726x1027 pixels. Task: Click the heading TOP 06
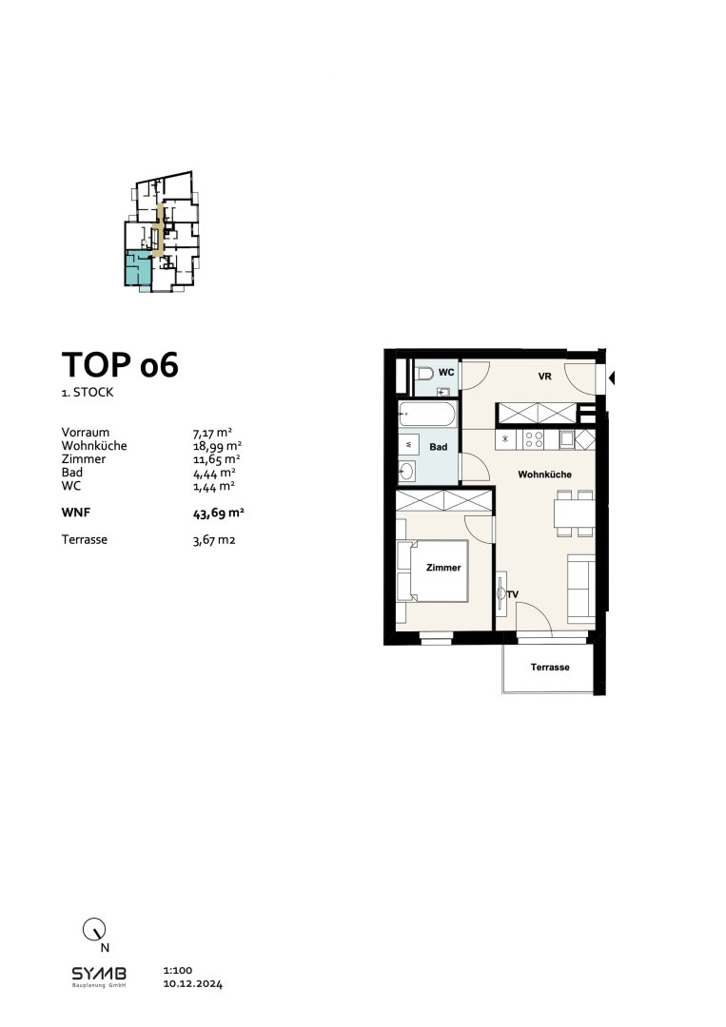coord(120,365)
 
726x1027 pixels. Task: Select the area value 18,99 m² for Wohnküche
coord(217,445)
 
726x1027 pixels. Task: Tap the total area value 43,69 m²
coord(219,513)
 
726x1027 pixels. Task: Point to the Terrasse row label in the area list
coord(83,539)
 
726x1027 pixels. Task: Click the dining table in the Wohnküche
coord(574,513)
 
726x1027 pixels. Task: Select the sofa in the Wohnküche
coord(579,586)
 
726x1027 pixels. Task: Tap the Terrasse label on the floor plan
coord(550,668)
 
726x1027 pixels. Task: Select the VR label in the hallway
coord(545,377)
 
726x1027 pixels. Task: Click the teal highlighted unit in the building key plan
coord(136,270)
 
